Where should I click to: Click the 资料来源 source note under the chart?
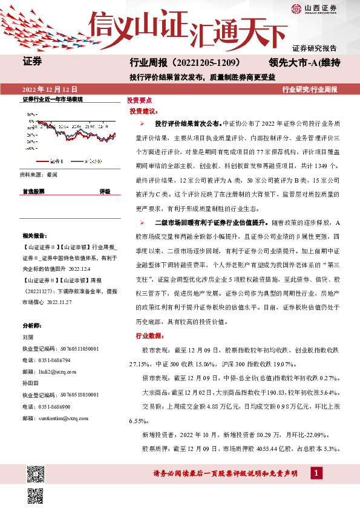[38, 174]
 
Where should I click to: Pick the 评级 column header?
[105, 190]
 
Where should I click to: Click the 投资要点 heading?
[139, 100]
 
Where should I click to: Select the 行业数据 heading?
[143, 336]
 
